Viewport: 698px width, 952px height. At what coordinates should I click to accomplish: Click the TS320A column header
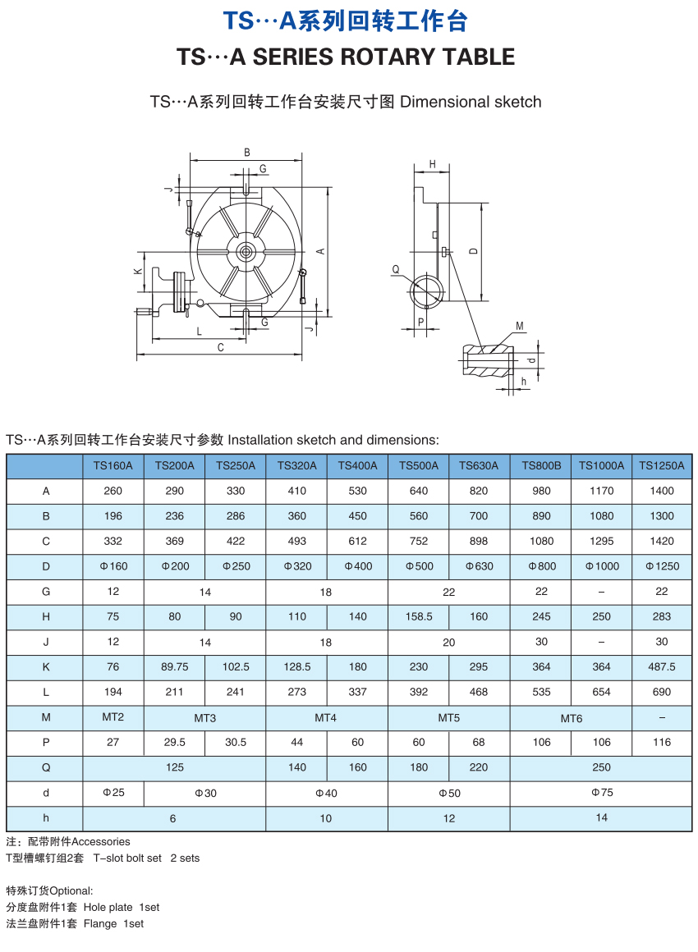pyautogui.click(x=296, y=465)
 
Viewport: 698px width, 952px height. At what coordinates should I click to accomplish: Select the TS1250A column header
pyautogui.click(x=662, y=465)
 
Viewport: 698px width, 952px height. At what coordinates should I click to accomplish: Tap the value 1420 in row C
pyautogui.click(x=662, y=541)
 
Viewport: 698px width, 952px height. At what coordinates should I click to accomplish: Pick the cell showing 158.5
pyautogui.click(x=419, y=616)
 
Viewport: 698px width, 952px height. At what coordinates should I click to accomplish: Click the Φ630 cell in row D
pyautogui.click(x=479, y=566)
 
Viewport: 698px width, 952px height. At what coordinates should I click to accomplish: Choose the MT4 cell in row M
pyautogui.click(x=326, y=717)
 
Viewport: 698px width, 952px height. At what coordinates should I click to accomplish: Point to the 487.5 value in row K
pyautogui.click(x=662, y=667)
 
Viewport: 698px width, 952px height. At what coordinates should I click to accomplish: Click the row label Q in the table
pyautogui.click(x=46, y=767)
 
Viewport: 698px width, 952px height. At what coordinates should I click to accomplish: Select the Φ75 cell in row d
pyautogui.click(x=601, y=793)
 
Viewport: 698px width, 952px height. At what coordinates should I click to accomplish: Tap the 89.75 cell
pyautogui.click(x=174, y=667)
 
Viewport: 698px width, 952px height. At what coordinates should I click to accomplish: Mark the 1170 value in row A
pyautogui.click(x=601, y=491)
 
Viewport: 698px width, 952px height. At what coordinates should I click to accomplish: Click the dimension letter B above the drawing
pyautogui.click(x=246, y=152)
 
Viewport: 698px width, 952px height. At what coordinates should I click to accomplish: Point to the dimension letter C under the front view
pyautogui.click(x=220, y=347)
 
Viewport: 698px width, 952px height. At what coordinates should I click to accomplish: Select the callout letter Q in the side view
pyautogui.click(x=395, y=268)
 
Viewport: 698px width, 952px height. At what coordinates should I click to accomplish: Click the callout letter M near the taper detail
pyautogui.click(x=519, y=327)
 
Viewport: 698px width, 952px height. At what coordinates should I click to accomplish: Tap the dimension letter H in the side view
pyautogui.click(x=432, y=164)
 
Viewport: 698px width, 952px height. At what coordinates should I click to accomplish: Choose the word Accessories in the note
pyautogui.click(x=101, y=841)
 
